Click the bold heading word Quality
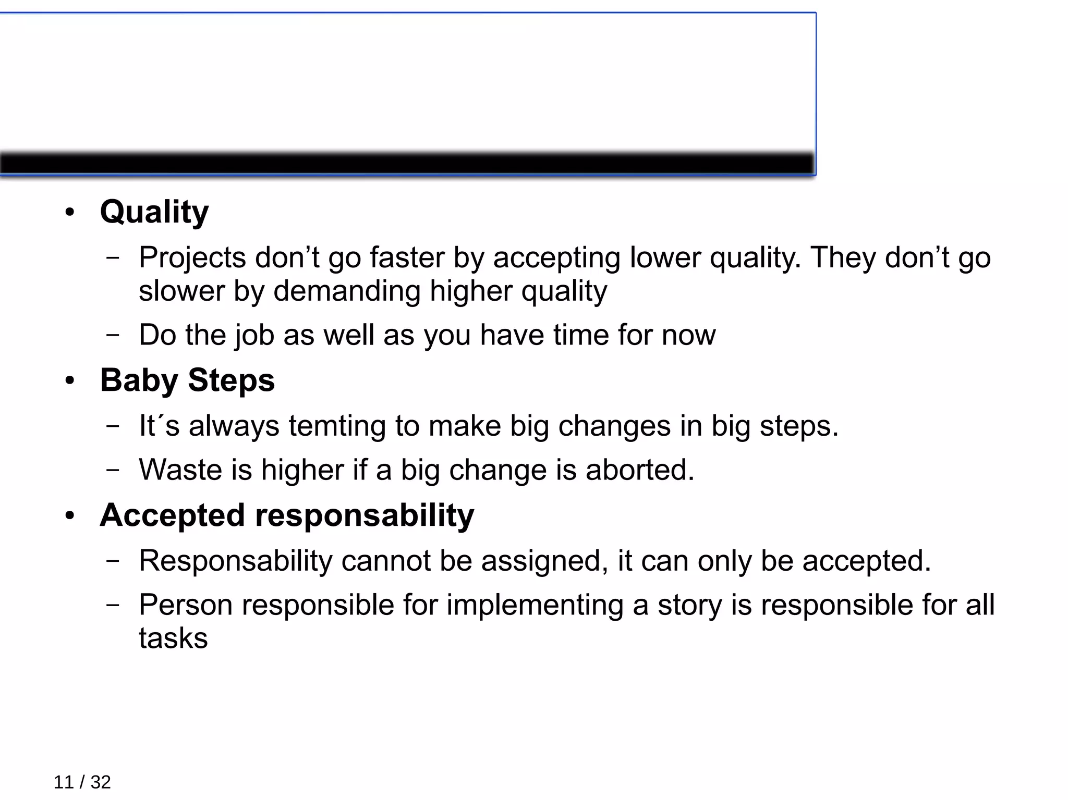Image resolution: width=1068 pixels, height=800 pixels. pos(154,212)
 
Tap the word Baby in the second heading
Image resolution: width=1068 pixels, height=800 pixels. pos(139,380)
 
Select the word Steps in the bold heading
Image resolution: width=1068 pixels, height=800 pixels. pos(231,380)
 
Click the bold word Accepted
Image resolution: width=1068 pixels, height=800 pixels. pos(173,515)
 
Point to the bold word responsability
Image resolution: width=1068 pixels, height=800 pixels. pos(365,515)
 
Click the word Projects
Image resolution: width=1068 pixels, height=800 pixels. pos(192,258)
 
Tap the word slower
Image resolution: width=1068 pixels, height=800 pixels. pos(181,291)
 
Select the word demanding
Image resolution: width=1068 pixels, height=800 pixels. pos(347,291)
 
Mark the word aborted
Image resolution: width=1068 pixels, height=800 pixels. pos(639,470)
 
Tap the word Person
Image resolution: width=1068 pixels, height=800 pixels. pos(186,605)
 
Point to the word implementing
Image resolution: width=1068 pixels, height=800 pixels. pos(535,605)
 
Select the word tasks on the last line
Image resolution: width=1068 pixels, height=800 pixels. pos(173,638)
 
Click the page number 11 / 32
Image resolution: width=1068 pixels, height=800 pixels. pos(82,782)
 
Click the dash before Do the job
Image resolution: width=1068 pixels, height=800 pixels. pos(112,335)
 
